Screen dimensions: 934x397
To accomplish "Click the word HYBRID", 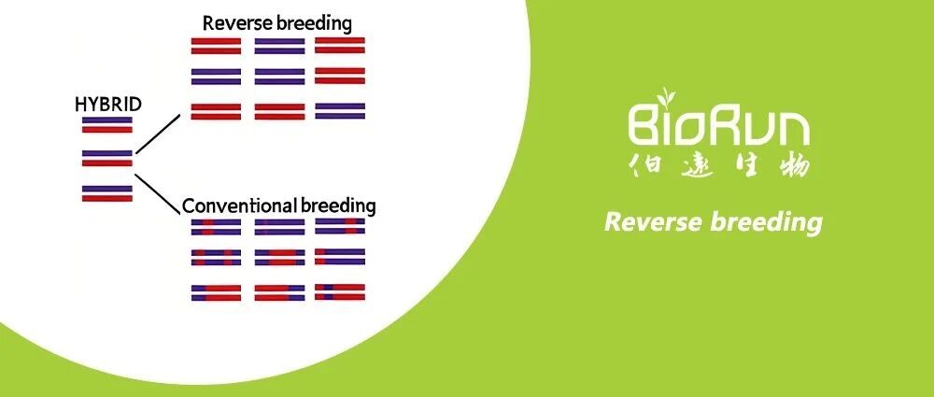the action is point(108,105).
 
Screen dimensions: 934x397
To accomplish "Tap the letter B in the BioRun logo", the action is point(644,125).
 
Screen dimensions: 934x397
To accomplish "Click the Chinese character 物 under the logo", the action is point(794,164).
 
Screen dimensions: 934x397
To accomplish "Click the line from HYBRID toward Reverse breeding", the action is point(158,135).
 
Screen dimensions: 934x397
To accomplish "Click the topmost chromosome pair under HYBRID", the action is point(107,124).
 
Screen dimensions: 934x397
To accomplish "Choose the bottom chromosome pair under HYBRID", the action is point(107,193).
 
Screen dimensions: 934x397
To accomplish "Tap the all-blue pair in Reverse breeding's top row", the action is point(279,47).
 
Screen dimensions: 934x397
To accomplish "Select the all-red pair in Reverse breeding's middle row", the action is point(340,76).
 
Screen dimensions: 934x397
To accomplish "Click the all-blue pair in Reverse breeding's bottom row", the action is point(340,111).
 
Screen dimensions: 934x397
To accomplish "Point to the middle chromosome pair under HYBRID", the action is point(107,158).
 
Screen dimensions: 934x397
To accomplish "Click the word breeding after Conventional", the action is point(338,206).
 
